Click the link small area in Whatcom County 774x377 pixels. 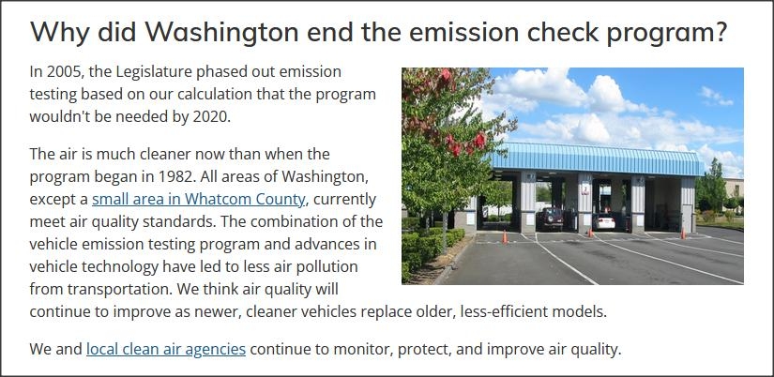[x=200, y=200]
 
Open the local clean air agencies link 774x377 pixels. [x=166, y=350]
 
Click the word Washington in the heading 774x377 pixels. [x=221, y=32]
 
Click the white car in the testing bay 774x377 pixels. [x=604, y=222]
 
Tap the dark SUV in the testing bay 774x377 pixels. [x=550, y=219]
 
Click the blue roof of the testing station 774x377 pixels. [x=597, y=158]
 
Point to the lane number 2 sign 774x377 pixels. [x=584, y=189]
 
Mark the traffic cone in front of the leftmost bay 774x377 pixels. [x=505, y=237]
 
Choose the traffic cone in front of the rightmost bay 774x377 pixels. [x=683, y=232]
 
